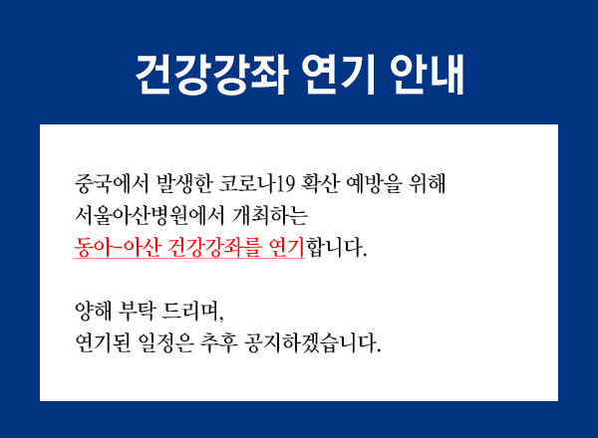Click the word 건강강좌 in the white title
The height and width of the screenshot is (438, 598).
click(x=212, y=75)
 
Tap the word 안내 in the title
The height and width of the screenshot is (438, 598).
click(x=427, y=75)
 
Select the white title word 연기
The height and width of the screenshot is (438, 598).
click(x=339, y=75)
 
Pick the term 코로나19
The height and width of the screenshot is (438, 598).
click(x=256, y=184)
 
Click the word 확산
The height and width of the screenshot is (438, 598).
click(x=320, y=184)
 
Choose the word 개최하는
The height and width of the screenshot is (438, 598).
click(x=270, y=216)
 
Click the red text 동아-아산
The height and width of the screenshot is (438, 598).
click(x=117, y=248)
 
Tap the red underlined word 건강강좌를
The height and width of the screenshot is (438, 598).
click(x=213, y=248)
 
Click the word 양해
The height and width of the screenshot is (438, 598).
click(x=93, y=312)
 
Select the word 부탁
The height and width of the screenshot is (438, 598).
click(x=137, y=312)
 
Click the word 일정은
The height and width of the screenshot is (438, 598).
click(x=165, y=343)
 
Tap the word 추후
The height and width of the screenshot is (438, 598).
click(x=218, y=343)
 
